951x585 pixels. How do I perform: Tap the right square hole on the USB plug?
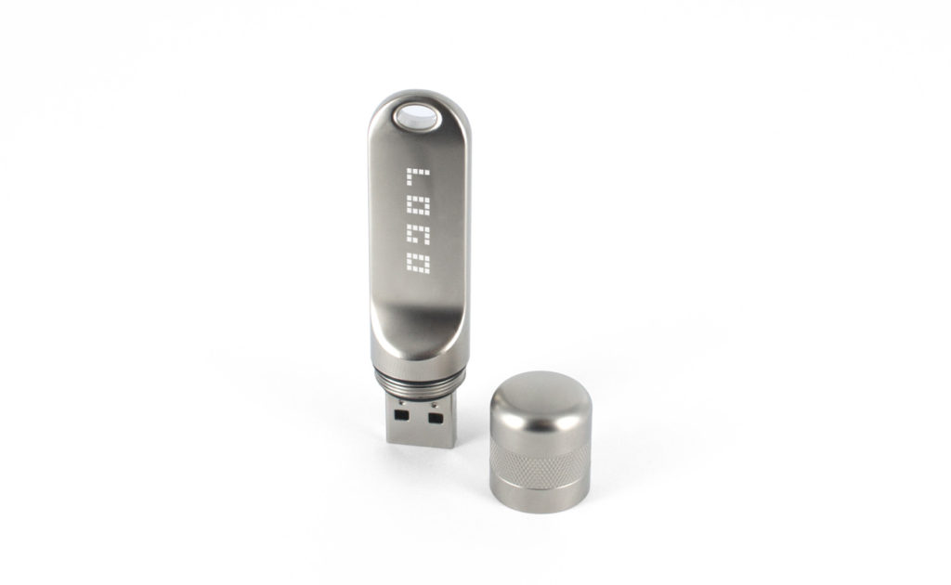pos(434,418)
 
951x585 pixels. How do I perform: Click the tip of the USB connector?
pos(422,443)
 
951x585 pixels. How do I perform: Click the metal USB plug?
pos(420,419)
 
